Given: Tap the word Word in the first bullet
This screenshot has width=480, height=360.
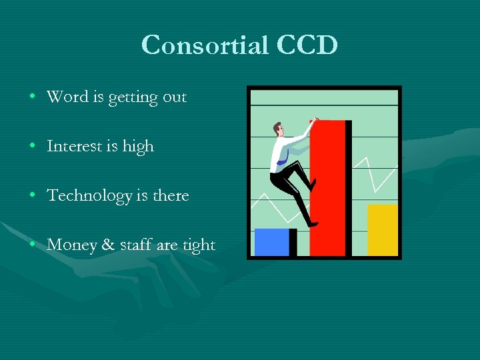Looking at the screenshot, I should (67, 97).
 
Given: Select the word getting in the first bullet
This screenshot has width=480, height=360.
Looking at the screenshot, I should (133, 98).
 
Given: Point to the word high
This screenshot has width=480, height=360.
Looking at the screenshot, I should (138, 147).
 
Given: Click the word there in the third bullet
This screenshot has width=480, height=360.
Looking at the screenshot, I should (171, 195).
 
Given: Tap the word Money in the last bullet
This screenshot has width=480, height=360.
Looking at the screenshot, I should (71, 245).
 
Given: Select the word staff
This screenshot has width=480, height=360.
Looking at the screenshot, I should (136, 245).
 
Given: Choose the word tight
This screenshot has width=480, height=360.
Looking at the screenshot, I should (199, 245).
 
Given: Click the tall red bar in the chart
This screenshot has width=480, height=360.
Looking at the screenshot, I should (329, 193).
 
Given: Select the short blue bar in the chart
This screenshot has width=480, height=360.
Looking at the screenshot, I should (273, 242).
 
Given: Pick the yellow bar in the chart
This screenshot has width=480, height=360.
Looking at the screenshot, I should (382, 230).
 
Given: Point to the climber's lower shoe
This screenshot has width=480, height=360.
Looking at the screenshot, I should (312, 224).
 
